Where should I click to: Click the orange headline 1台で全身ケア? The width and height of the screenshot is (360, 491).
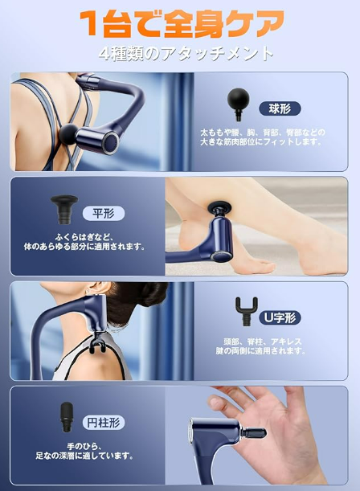182,23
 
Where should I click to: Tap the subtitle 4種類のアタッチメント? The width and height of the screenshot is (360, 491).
186,54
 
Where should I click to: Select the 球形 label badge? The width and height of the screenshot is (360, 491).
280,109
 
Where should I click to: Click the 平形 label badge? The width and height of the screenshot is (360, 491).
104,214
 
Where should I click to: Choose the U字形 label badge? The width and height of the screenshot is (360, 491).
280,318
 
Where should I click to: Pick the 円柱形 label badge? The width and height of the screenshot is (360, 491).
104,423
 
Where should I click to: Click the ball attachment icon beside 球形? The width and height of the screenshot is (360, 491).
238,104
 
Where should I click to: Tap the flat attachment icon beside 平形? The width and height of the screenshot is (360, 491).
64,209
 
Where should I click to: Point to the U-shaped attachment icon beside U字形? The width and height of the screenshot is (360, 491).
247,311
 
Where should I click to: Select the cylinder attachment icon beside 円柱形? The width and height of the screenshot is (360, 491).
67,417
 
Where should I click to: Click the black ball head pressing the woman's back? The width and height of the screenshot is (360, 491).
68,135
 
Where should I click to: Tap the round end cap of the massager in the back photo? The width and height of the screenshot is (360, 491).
111,142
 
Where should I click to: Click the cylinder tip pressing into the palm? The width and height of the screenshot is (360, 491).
254,433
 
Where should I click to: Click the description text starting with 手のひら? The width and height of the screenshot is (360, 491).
84,451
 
